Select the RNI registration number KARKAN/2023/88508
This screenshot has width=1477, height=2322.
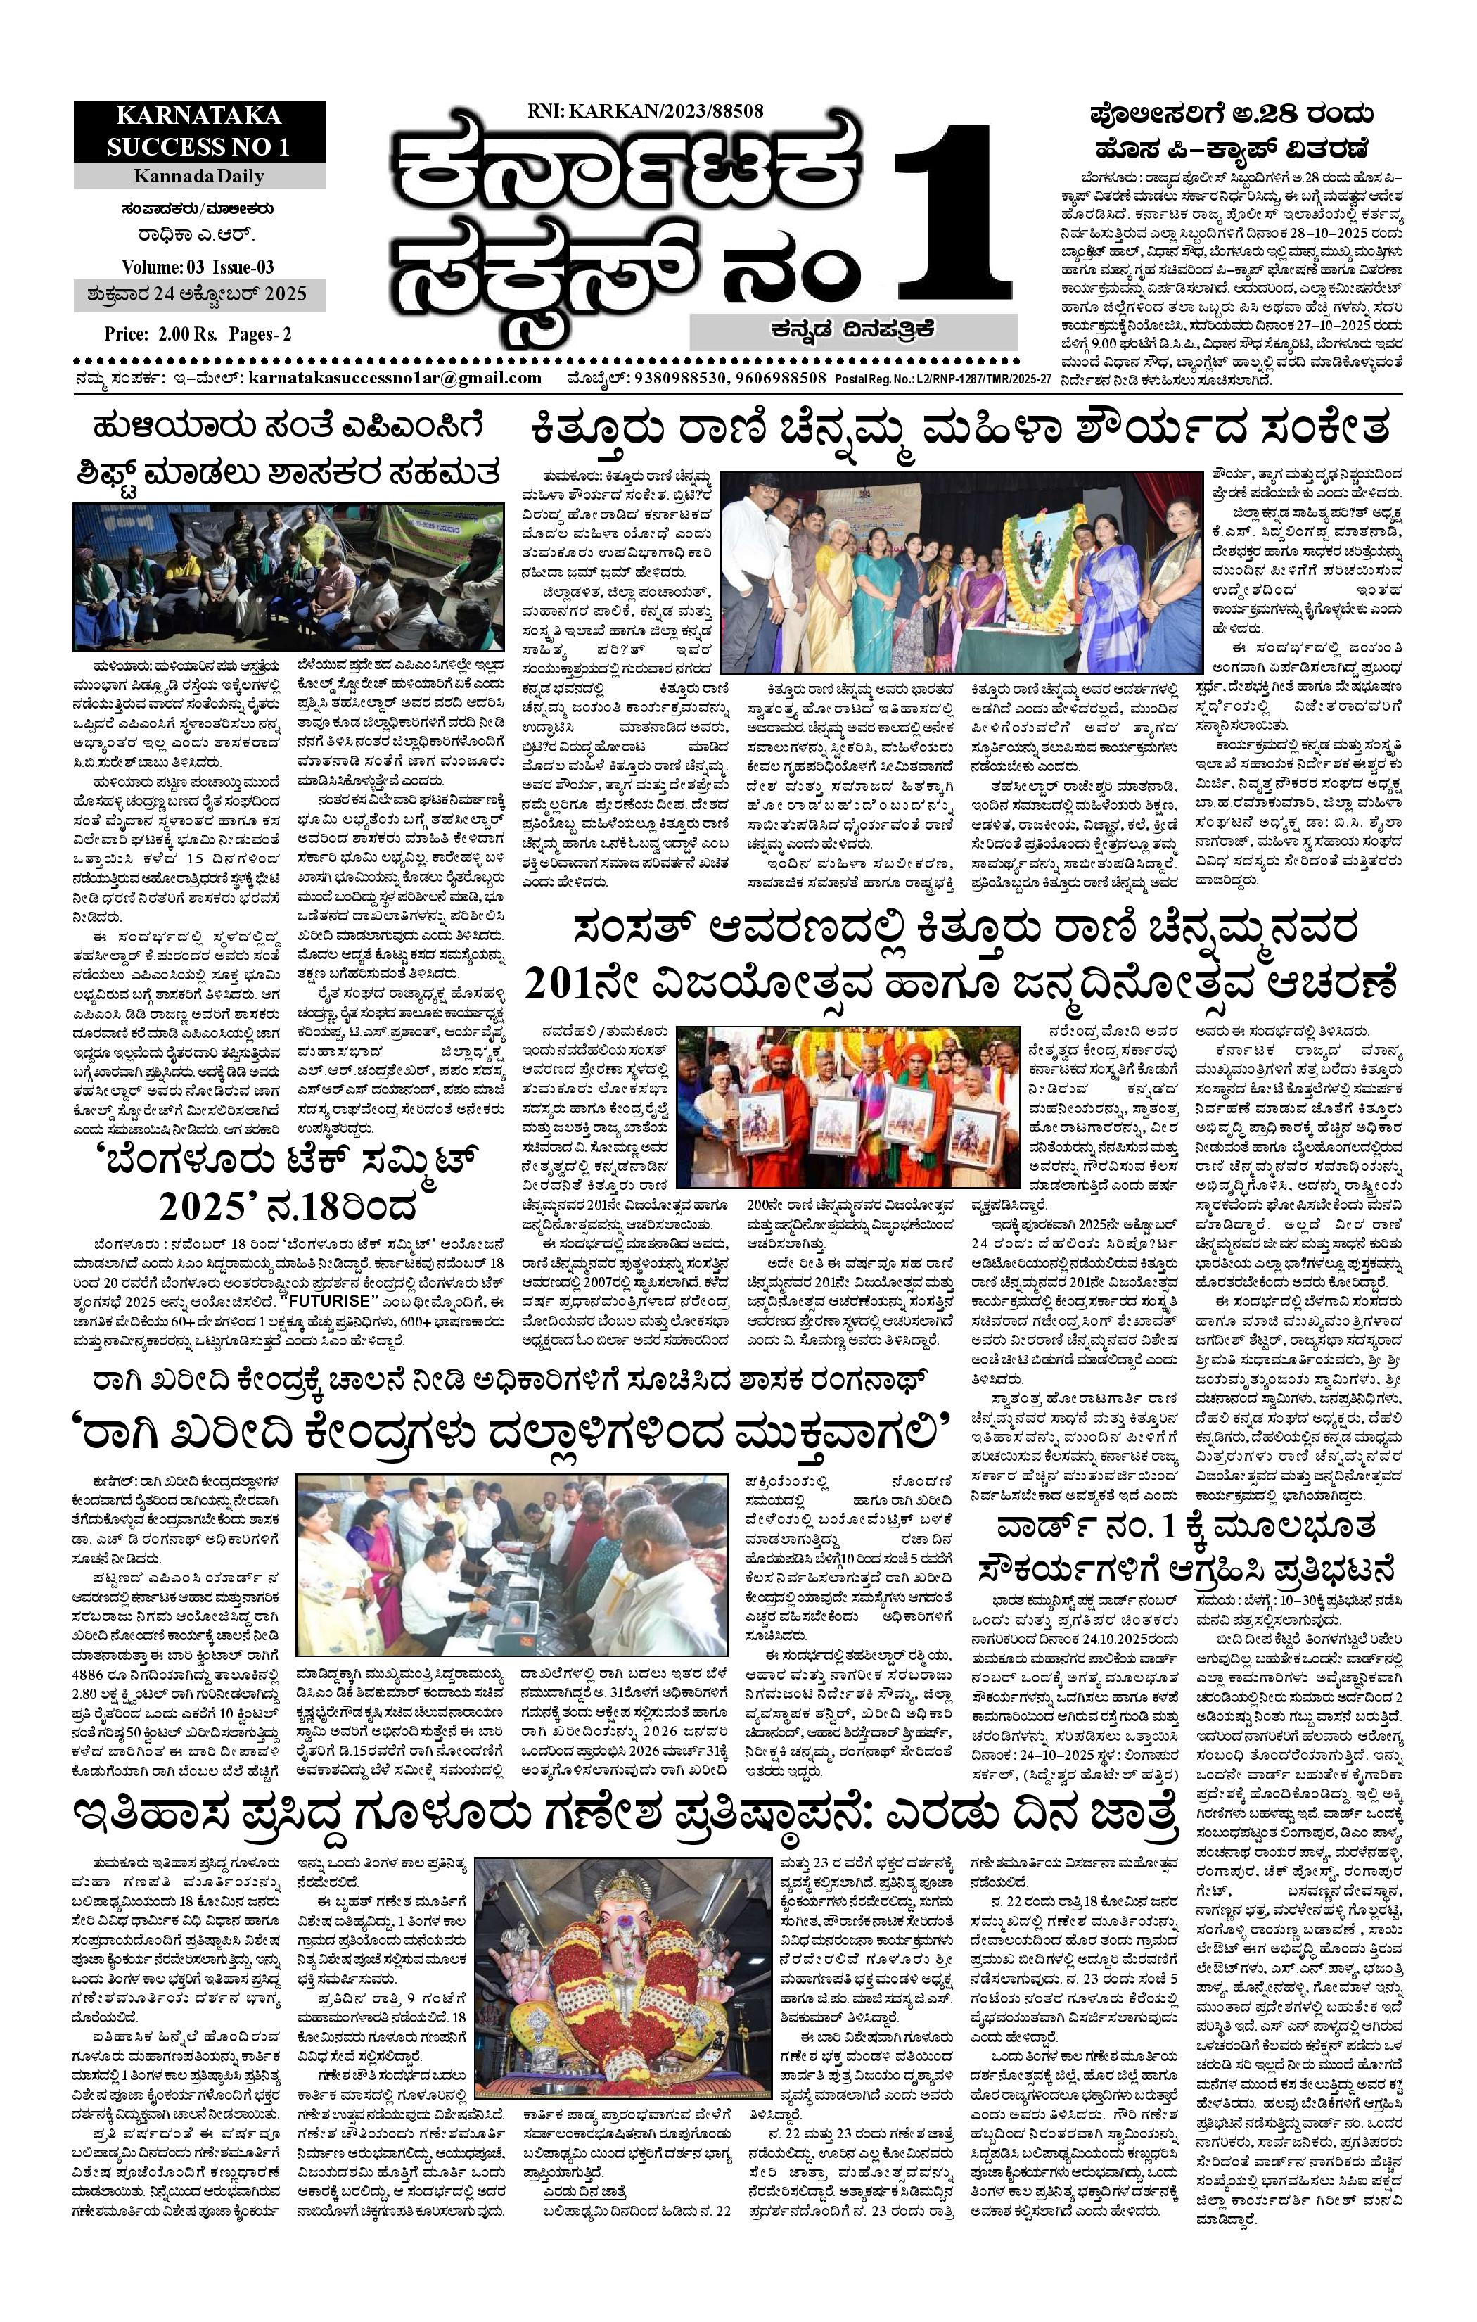(x=645, y=111)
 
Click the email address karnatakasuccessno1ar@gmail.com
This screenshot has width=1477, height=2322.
(x=395, y=378)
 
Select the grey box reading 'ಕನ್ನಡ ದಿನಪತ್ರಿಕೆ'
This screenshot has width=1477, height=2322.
(x=852, y=330)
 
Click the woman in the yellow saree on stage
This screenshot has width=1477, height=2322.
(x=831, y=588)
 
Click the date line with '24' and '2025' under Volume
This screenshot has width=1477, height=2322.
(x=198, y=294)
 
